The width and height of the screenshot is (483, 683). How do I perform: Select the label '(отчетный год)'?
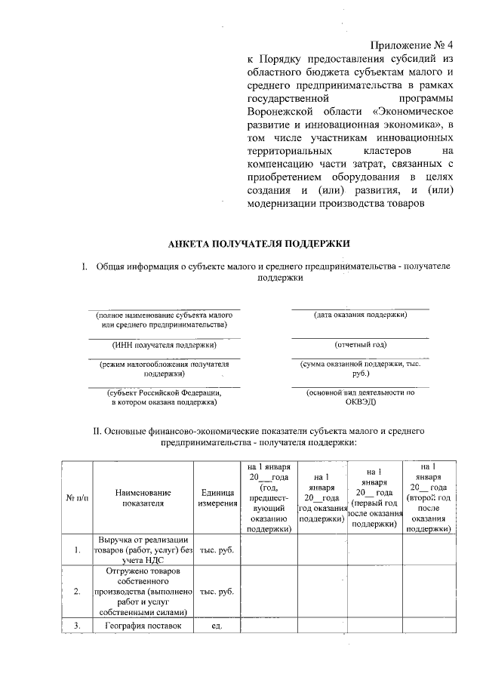pyautogui.click(x=361, y=345)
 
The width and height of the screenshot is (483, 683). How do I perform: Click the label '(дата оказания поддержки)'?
pyautogui.click(x=361, y=315)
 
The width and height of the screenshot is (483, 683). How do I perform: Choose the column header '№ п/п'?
pyautogui.click(x=78, y=497)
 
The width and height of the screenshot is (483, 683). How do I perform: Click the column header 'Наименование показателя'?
pyautogui.click(x=143, y=497)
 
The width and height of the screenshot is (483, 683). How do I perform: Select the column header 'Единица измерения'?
pyautogui.click(x=214, y=497)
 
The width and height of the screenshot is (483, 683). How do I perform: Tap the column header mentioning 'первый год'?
pyautogui.click(x=375, y=497)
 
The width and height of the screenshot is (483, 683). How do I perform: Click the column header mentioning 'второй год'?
pyautogui.click(x=429, y=497)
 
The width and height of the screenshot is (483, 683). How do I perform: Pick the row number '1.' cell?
pyautogui.click(x=78, y=549)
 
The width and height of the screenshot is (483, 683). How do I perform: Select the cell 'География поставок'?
pyautogui.click(x=143, y=626)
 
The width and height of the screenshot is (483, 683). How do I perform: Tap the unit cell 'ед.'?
pyautogui.click(x=214, y=626)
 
